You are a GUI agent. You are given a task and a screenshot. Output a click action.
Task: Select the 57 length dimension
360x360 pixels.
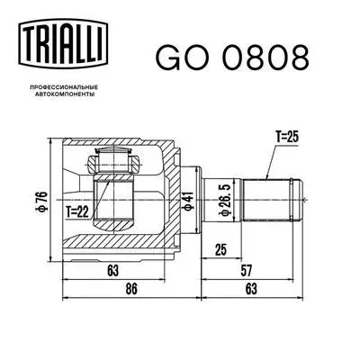255,267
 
